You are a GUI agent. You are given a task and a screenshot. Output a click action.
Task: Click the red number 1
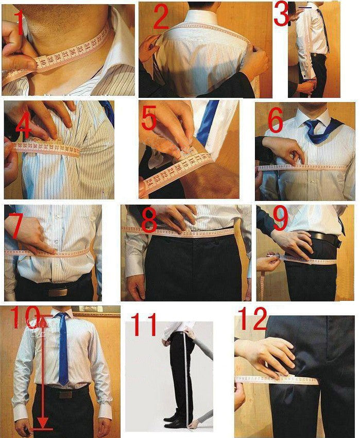[x=19, y=24]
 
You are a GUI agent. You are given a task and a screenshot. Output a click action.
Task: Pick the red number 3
[x=281, y=14]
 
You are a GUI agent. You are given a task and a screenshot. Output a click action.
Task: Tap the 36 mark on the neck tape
[x=75, y=52]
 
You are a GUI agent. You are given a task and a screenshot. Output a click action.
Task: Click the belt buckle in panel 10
[x=65, y=395]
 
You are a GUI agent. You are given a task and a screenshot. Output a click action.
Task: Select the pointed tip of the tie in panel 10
[x=63, y=384]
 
